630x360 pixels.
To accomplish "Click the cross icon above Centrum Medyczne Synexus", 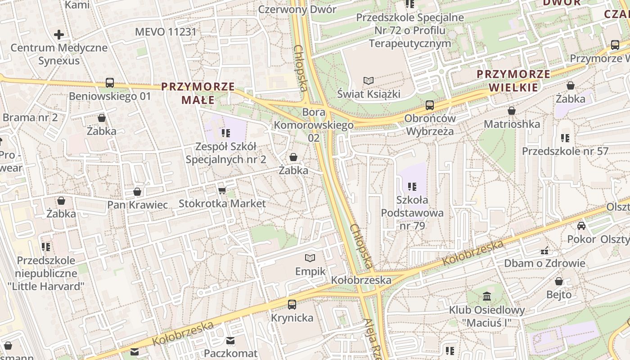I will click(x=59, y=35).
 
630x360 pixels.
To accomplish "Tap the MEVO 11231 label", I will click(x=166, y=32).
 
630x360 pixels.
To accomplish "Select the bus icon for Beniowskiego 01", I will click(x=110, y=83).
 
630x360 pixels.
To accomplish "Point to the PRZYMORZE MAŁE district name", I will click(x=198, y=93).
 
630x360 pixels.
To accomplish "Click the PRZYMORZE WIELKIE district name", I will click(x=513, y=81).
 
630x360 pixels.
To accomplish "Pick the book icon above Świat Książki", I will click(x=369, y=81).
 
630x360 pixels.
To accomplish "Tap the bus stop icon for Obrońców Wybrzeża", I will click(x=430, y=105).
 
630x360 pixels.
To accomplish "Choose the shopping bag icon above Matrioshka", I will click(x=512, y=111).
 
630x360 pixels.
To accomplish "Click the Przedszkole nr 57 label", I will click(x=565, y=151).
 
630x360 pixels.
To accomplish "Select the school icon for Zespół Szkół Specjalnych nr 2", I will click(x=226, y=133).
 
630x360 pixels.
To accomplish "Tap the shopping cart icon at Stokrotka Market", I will click(x=222, y=191).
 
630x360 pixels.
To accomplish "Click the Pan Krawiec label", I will click(x=137, y=205).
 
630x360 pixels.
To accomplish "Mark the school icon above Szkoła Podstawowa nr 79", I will click(x=412, y=186).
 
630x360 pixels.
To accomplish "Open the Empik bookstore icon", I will click(x=310, y=258).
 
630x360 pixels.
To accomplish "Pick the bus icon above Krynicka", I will click(x=292, y=305).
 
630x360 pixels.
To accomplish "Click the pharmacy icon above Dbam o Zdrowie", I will click(x=545, y=250).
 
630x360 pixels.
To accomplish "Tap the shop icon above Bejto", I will click(x=559, y=282).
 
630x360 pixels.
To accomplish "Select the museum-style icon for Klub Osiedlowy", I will click(x=487, y=297).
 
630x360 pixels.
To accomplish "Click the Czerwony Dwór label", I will click(x=297, y=9).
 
